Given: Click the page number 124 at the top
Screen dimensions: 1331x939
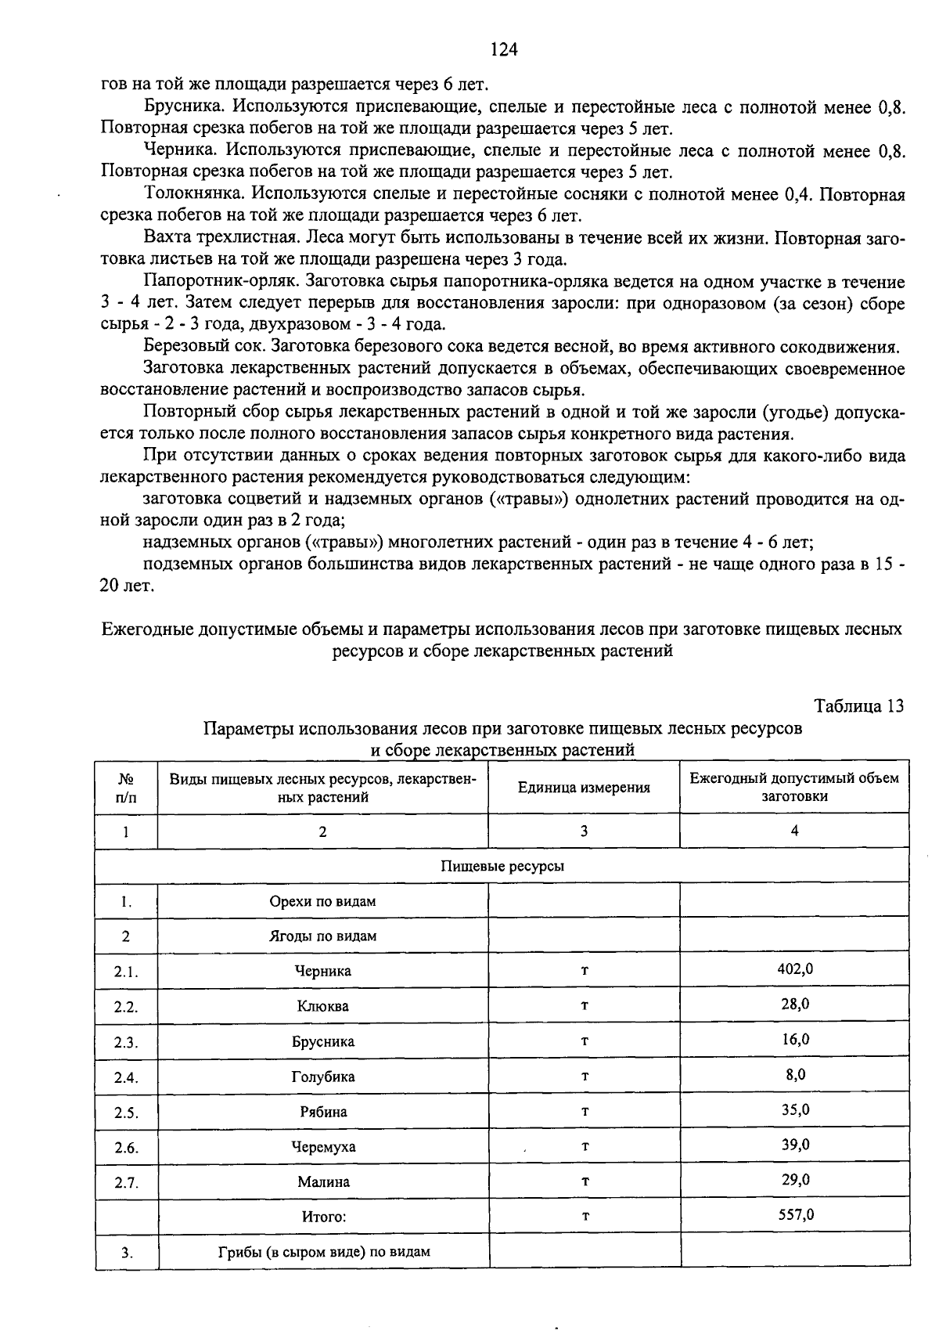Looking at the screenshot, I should pos(504,50).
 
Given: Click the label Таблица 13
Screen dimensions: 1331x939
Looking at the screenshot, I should pos(858,705).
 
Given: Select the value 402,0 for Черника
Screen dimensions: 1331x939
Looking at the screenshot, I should pos(794,968).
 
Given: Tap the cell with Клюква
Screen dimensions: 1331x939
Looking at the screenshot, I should pos(323,1006).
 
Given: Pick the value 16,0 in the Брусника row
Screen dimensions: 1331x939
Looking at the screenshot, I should pos(794,1039).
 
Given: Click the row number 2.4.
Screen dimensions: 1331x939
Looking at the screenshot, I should pos(126,1077).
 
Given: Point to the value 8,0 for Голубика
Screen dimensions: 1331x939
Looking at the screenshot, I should pos(795,1074).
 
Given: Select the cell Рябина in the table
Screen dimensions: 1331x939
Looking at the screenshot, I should pos(323,1112).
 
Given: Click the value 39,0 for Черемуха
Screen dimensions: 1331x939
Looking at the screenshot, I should pos(795,1145).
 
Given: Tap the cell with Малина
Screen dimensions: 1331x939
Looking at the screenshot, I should pos(323,1182).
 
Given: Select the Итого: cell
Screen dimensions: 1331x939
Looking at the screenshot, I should pos(323,1217).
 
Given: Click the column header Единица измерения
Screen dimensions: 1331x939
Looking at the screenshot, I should pos(584,788).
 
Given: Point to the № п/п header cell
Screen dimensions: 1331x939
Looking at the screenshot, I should pos(125,788).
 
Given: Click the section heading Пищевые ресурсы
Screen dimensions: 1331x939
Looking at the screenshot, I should pos(502,866).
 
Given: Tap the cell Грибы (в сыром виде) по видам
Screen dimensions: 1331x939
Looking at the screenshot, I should pos(323,1251).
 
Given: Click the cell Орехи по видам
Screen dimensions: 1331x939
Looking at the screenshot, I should pos(323,901).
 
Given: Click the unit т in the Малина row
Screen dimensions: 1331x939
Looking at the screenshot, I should pos(585,1181).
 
